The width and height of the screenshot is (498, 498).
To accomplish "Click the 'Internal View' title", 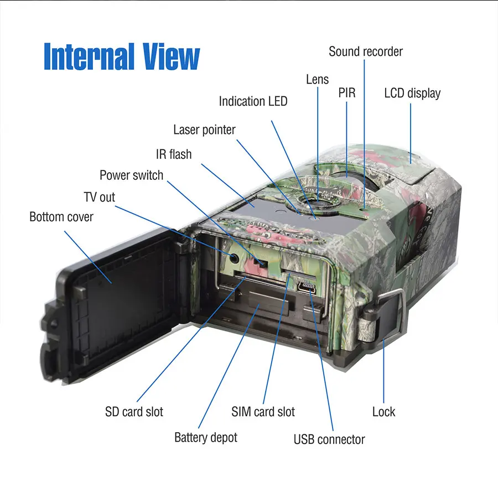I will [121, 56].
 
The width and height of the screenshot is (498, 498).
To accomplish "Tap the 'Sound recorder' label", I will [365, 51].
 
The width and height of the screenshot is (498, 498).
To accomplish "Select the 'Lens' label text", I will [317, 80].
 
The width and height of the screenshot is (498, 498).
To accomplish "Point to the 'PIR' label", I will [347, 94].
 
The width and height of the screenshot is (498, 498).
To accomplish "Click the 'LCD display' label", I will [412, 93].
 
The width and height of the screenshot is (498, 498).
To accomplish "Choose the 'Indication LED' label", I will [253, 101].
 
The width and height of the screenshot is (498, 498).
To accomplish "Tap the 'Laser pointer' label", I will [204, 129].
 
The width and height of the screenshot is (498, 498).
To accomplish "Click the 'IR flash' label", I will [173, 154].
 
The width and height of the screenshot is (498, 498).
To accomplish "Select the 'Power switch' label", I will [131, 175].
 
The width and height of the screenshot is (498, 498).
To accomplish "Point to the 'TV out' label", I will [100, 197].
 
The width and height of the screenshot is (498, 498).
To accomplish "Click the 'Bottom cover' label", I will [61, 216].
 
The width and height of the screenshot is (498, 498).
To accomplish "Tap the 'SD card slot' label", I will [134, 412].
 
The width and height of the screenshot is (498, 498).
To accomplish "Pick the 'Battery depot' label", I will [205, 437].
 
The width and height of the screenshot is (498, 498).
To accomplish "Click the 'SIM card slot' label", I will [263, 412].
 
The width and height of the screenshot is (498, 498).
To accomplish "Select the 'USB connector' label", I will [329, 439].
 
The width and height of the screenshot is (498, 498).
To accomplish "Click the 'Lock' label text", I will [383, 412].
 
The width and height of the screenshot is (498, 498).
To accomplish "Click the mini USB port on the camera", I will [305, 287].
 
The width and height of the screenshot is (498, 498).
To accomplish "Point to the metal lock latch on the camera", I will [387, 315].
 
